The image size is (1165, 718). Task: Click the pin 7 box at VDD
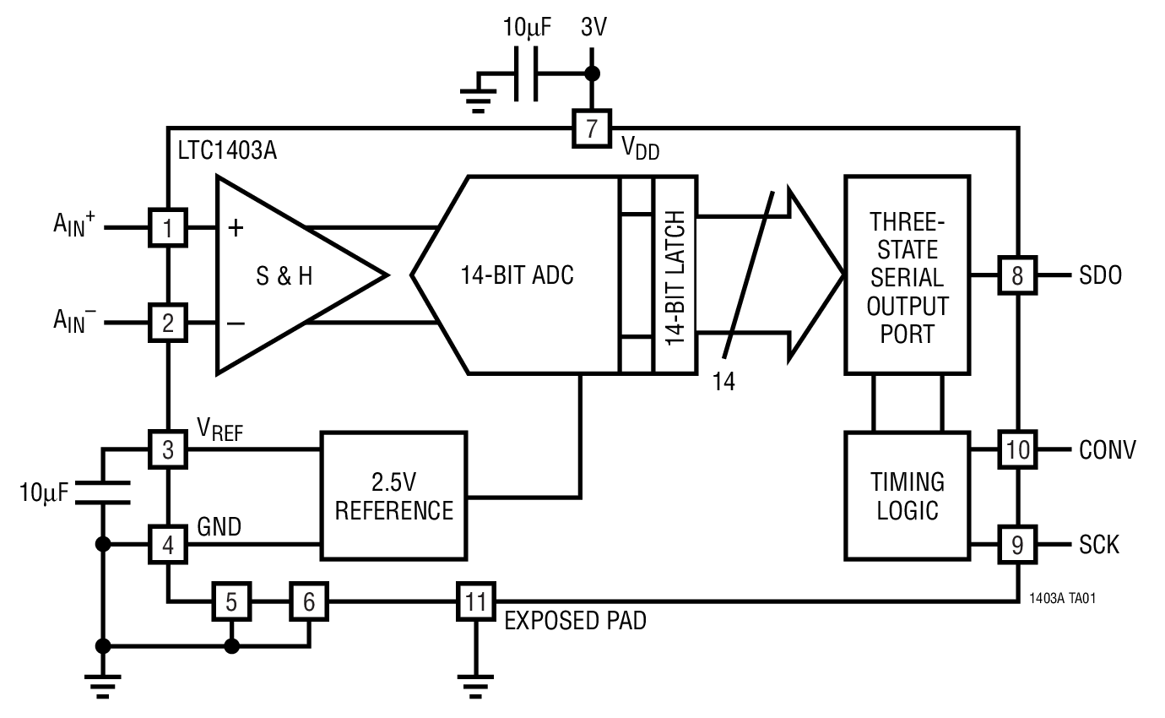592,129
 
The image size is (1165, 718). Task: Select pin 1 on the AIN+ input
169,228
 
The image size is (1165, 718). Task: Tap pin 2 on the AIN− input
169,323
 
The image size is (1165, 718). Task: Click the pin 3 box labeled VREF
169,449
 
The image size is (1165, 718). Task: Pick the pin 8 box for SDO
1018,275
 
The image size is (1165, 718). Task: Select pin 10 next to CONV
1018,449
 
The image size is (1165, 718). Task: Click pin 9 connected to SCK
1018,545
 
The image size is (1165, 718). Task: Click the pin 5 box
231,601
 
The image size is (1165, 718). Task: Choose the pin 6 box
309,601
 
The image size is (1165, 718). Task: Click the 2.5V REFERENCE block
393,496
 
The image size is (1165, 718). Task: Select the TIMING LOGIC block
908,496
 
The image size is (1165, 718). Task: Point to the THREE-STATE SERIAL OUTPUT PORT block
908,275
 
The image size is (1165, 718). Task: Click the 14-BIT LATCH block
675,275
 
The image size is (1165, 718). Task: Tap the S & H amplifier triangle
283,275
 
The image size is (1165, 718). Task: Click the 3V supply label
593,27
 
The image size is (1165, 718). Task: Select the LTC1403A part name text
227,153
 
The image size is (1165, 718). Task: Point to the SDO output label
1100,275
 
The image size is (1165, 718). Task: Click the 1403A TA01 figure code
1063,597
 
